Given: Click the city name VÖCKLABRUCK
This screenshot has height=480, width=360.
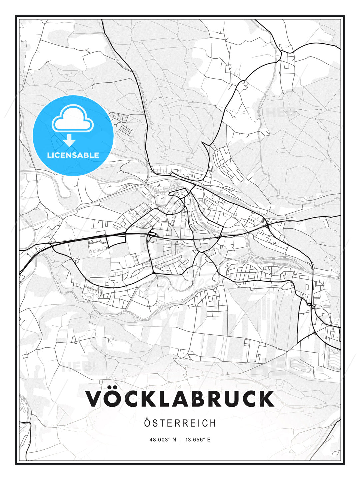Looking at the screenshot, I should [x=180, y=399].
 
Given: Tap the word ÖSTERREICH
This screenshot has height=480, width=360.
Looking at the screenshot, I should [x=180, y=423].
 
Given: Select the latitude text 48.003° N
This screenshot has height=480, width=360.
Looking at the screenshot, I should [x=163, y=440].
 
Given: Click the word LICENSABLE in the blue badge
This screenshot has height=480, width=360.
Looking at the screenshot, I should [x=73, y=155].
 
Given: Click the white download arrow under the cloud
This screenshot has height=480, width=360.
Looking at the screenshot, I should [x=69, y=141].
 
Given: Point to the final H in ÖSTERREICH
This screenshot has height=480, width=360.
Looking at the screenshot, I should [x=212, y=423].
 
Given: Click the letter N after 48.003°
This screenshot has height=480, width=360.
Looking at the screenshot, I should [x=174, y=440].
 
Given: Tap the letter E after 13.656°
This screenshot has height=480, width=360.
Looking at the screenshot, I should [x=209, y=440].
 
